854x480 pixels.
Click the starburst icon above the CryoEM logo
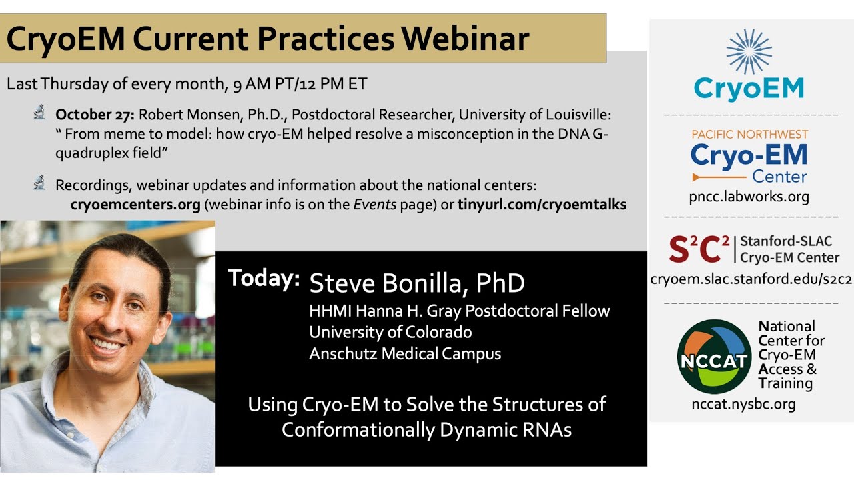(749, 51)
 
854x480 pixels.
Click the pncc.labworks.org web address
(749, 197)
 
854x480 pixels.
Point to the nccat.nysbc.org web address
(743, 404)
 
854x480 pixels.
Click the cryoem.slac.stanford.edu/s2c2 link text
(751, 279)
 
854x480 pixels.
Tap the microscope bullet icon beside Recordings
(39, 183)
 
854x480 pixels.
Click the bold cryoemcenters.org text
(135, 205)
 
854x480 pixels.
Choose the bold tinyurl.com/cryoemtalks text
(542, 205)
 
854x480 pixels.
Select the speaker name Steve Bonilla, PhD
(417, 283)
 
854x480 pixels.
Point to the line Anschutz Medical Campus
(405, 354)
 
